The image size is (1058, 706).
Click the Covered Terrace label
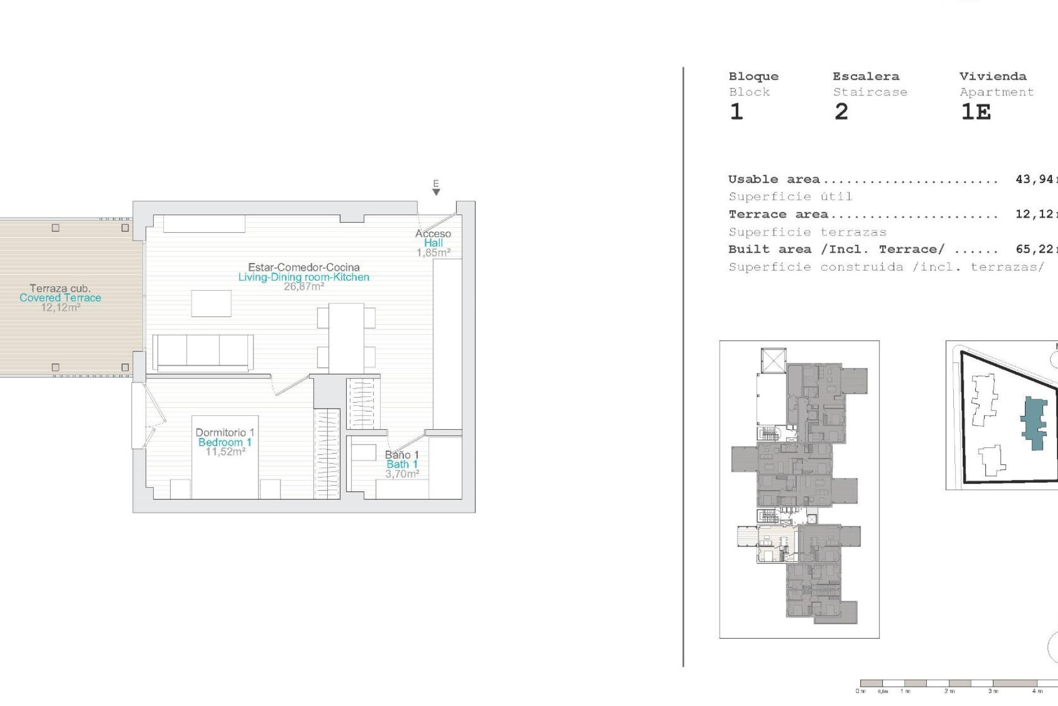[60, 298]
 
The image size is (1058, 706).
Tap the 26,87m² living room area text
[304, 287]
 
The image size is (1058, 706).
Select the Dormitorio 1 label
[225, 432]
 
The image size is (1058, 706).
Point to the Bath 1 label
[402, 464]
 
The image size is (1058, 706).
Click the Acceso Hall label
[433, 238]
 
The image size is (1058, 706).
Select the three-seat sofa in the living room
[203, 352]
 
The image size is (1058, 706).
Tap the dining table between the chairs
[346, 338]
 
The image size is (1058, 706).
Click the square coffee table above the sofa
[211, 303]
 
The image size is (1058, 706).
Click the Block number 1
[736, 112]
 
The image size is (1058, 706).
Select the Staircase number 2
[841, 112]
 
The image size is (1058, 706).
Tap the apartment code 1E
[976, 112]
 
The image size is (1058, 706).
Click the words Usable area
[774, 179]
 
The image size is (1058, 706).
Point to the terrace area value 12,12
[1033, 214]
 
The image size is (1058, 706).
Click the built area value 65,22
[1033, 249]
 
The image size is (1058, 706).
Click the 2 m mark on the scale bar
[949, 691]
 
